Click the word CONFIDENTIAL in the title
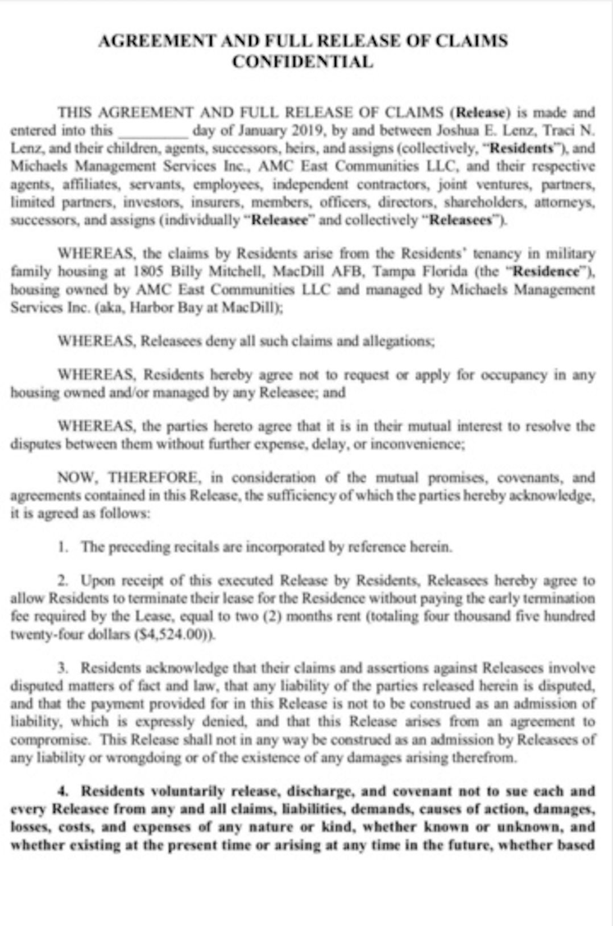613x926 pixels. point(303,61)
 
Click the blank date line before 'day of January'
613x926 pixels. point(152,131)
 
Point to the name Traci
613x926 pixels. point(560,130)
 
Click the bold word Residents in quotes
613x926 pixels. point(521,148)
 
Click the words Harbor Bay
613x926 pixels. point(179,308)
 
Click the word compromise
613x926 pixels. point(48,740)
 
